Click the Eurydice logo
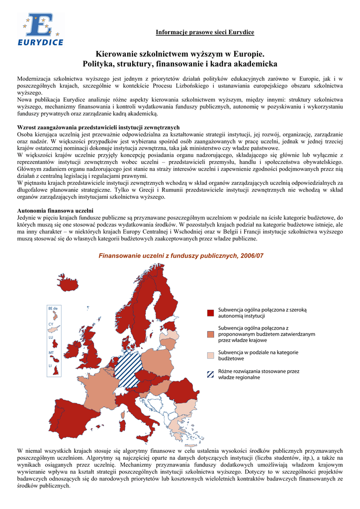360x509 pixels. pos(41,29)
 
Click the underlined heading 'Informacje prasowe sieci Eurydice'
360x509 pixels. pos(205,32)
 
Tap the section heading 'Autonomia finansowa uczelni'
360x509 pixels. pos(55,211)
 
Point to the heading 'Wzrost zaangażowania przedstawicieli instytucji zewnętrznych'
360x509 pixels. pos(98,127)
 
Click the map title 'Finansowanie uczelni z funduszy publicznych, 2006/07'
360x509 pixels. pos(181,255)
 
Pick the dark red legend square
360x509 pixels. pos(210,313)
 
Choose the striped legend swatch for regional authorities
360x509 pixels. pos(210,374)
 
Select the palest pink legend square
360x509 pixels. pos(210,355)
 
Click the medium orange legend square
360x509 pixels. pos(210,334)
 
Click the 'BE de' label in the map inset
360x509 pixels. pos(53,309)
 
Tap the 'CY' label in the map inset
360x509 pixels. pos(51,324)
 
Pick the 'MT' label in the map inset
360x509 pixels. pos(51,352)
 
